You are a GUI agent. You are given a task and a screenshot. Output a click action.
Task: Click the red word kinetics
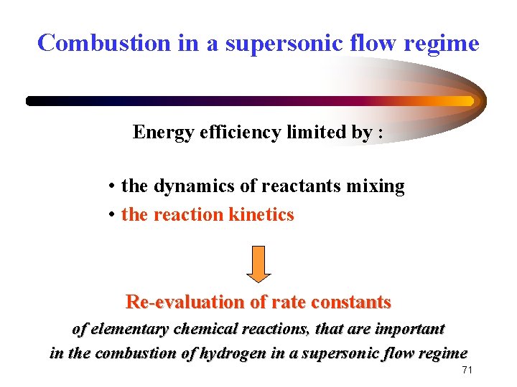point(261,214)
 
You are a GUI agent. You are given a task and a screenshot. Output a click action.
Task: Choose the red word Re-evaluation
point(185,302)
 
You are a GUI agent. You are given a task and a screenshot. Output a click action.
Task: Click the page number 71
point(467,370)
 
